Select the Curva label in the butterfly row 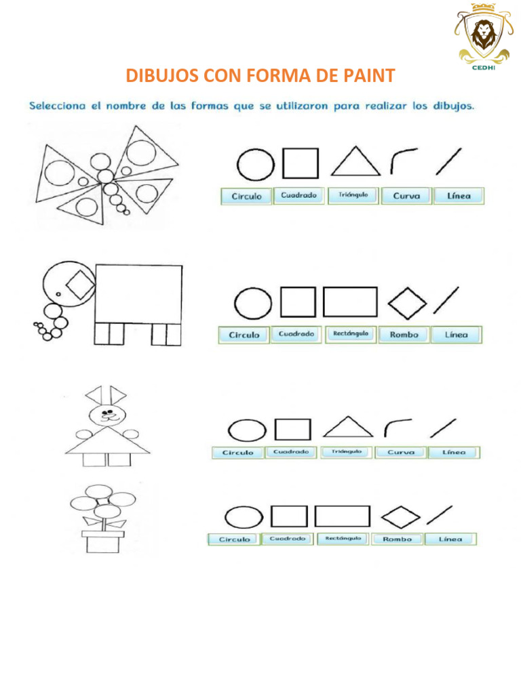pyautogui.click(x=406, y=196)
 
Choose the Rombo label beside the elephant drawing pyautogui.click(x=404, y=334)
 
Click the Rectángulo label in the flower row pyautogui.click(x=343, y=539)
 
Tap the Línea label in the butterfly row pyautogui.click(x=459, y=196)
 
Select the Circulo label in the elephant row pyautogui.click(x=244, y=334)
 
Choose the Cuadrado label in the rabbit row pyautogui.click(x=292, y=452)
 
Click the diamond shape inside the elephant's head pyautogui.click(x=81, y=285)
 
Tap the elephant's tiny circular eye pyautogui.click(x=58, y=294)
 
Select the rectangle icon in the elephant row pyautogui.click(x=350, y=302)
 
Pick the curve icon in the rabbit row pyautogui.click(x=397, y=428)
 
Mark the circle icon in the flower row pyautogui.click(x=244, y=518)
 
